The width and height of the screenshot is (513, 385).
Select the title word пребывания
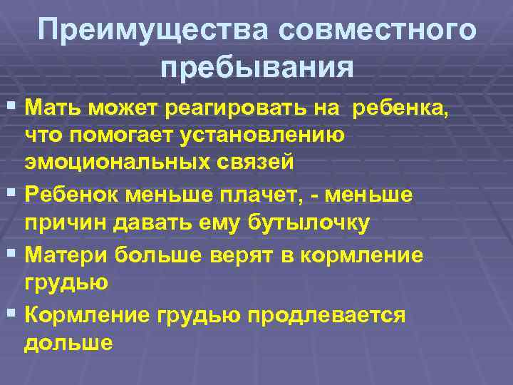click(256, 68)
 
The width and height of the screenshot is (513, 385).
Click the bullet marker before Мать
click(14, 108)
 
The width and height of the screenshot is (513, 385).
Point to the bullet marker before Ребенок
click(14, 192)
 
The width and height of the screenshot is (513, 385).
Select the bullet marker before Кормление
click(14, 313)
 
